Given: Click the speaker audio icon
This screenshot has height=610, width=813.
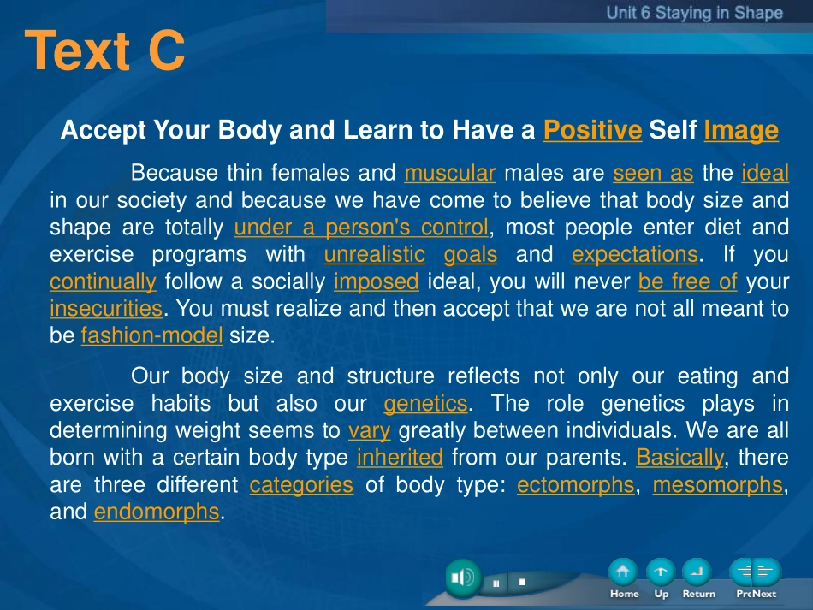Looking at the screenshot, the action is pyautogui.click(x=463, y=577).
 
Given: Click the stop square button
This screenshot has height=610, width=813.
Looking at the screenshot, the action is pyautogui.click(x=522, y=582).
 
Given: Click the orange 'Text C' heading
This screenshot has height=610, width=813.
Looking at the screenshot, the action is pyautogui.click(x=104, y=50).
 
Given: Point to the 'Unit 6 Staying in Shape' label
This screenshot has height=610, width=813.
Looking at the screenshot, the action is pyautogui.click(x=694, y=13).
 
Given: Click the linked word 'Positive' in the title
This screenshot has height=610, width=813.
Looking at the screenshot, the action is pyautogui.click(x=593, y=129).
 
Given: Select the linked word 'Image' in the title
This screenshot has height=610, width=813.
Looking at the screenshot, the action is pyautogui.click(x=741, y=130).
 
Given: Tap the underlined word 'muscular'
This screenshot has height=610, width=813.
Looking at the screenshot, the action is pyautogui.click(x=450, y=173).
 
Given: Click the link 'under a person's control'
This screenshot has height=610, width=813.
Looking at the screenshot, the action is pyautogui.click(x=361, y=227).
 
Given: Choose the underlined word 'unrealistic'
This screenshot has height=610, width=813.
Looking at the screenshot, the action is pyautogui.click(x=374, y=254).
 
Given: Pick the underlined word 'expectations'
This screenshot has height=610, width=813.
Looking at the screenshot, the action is pyautogui.click(x=635, y=254).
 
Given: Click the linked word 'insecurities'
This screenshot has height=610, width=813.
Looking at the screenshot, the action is pyautogui.click(x=106, y=308).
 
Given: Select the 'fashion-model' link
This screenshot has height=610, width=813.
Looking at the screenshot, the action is pyautogui.click(x=152, y=335).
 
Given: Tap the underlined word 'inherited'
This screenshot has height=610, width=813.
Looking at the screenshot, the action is pyautogui.click(x=400, y=457).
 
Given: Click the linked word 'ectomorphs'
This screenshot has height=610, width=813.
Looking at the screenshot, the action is pyautogui.click(x=576, y=485).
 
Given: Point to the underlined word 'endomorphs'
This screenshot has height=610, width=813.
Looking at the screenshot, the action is pyautogui.click(x=157, y=512).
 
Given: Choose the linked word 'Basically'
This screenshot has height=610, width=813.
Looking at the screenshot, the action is pyautogui.click(x=679, y=458).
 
